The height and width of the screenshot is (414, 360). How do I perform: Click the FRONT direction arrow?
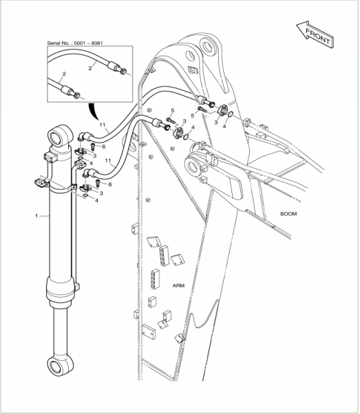tap(315, 35)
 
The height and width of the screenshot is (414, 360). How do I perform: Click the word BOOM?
tap(288, 214)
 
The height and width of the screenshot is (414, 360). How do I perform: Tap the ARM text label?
tap(178, 286)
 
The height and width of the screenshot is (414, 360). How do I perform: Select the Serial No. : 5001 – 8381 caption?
tap(75, 43)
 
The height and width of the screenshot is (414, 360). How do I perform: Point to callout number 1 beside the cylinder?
tap(36, 216)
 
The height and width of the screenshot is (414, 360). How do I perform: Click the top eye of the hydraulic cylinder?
tap(60, 136)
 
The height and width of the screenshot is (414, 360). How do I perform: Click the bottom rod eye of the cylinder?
tap(60, 366)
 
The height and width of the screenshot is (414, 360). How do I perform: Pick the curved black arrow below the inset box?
tap(93, 111)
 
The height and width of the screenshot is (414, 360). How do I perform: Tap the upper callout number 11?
tap(103, 125)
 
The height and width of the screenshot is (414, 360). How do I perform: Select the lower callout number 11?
tap(108, 161)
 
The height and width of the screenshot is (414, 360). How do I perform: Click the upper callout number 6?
tap(104, 147)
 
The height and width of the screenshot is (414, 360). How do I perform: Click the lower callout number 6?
tap(110, 185)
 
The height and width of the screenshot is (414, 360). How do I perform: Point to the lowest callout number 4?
tap(96, 200)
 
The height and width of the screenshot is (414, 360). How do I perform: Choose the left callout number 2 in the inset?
tap(64, 74)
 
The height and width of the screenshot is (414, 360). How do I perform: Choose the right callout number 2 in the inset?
tap(90, 68)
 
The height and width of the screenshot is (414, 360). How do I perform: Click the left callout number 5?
tap(173, 110)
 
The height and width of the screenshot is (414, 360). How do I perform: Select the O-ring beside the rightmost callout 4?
tap(231, 114)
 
